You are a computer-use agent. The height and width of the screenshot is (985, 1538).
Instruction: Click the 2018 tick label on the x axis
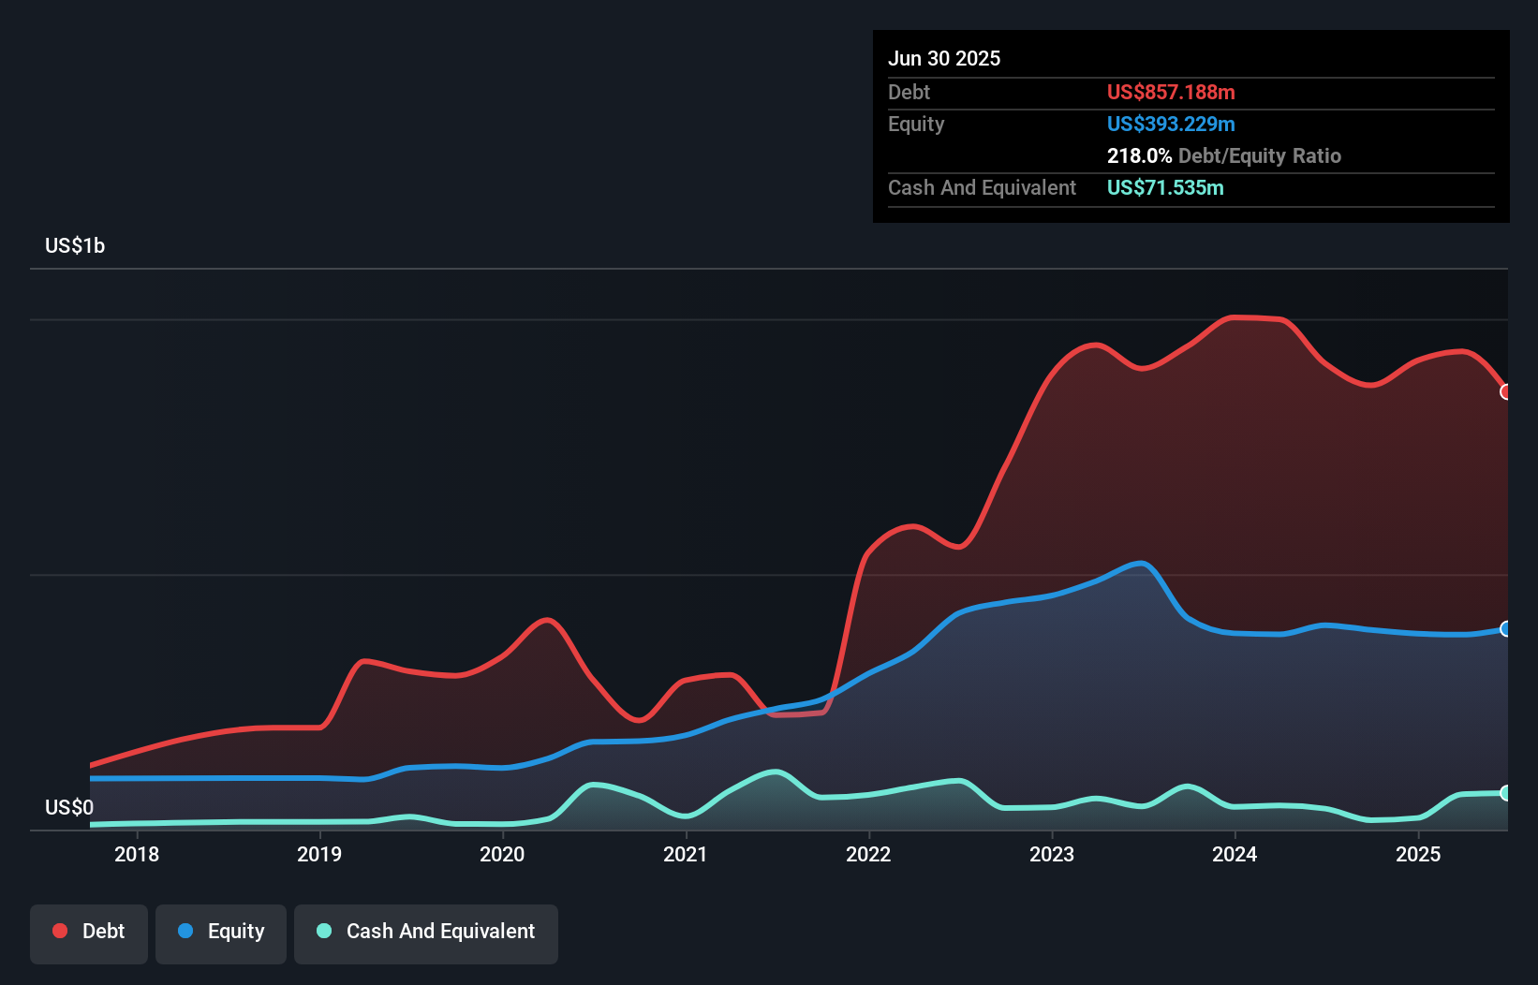tap(137, 854)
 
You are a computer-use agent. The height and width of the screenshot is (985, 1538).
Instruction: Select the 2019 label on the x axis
tap(319, 854)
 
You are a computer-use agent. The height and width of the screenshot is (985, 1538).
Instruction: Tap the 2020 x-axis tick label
tap(502, 854)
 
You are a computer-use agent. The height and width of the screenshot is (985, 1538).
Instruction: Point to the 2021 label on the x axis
tap(686, 854)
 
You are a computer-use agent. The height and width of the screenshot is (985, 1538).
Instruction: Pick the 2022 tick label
tap(868, 854)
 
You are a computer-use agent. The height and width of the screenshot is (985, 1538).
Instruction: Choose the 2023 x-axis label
tap(1052, 854)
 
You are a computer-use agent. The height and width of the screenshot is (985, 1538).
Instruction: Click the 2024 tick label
tap(1235, 854)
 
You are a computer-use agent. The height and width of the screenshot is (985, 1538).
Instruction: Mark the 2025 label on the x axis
tap(1418, 854)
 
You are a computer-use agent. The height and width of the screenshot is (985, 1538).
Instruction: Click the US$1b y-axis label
tap(75, 246)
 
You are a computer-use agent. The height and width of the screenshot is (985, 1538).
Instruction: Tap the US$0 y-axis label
tap(69, 807)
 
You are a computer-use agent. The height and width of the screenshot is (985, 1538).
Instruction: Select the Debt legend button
tap(89, 932)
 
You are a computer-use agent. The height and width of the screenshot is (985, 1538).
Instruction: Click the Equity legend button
tap(221, 932)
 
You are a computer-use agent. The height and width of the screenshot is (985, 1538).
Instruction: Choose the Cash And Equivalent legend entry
tap(426, 932)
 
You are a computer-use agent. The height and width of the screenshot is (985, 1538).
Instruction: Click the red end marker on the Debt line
tap(1505, 392)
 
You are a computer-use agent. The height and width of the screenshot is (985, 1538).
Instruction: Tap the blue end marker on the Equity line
tap(1505, 629)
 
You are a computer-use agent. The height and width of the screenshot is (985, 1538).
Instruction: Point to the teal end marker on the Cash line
tap(1505, 793)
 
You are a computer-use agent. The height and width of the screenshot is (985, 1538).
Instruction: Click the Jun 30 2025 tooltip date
tap(944, 58)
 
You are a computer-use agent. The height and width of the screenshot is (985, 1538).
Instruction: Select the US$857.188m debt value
tap(1171, 92)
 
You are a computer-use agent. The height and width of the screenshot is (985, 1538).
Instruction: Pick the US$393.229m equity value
tap(1171, 124)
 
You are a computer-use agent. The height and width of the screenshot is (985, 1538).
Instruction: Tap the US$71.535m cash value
tap(1165, 187)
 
